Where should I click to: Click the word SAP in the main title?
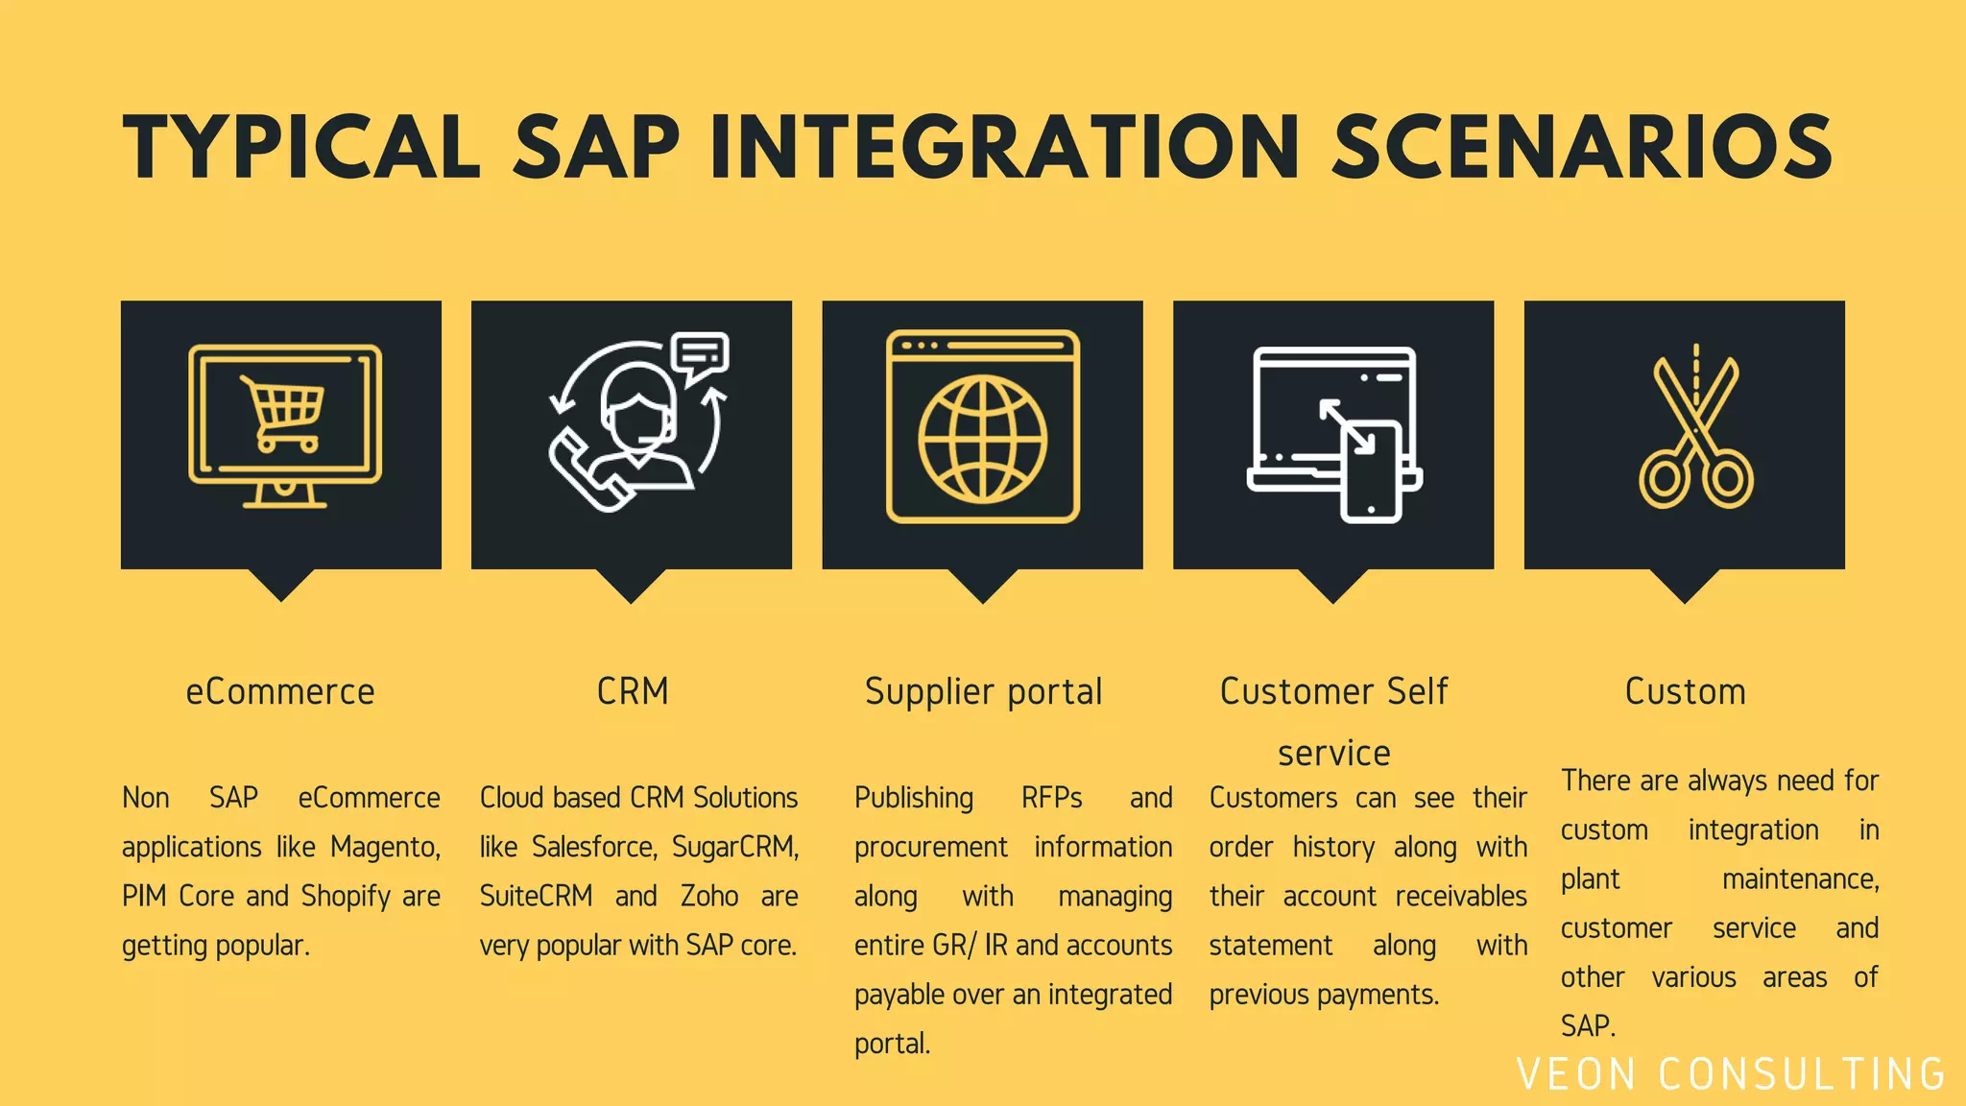pos(596,147)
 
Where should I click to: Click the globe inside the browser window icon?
pos(982,440)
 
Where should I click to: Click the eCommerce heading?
pos(280,691)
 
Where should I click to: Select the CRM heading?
pos(632,691)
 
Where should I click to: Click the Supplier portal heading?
pos(983,691)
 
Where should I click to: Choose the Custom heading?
pos(1685,691)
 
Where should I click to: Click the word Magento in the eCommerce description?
pos(384,847)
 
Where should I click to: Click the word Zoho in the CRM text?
pos(709,896)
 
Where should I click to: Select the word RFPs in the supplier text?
pos(1051,798)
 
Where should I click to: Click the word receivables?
pos(1460,896)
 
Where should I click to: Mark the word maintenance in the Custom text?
pos(1800,879)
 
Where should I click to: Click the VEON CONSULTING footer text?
pos(1731,1074)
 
